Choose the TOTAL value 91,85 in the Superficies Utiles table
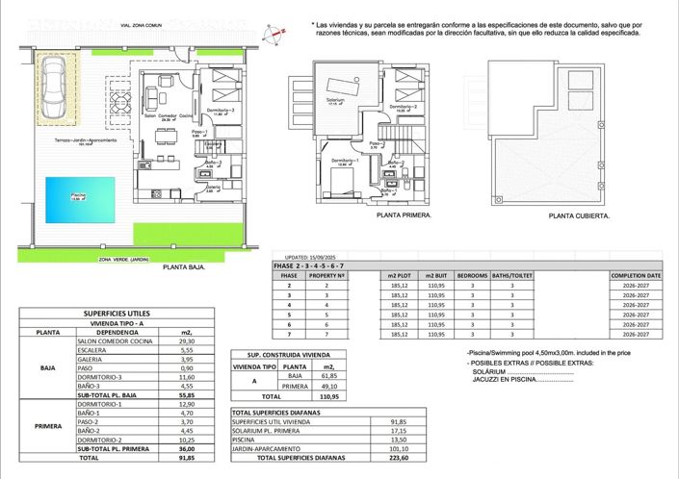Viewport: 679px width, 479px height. point(186,459)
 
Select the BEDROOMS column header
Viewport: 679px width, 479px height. point(473,276)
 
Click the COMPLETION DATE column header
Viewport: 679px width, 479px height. point(636,276)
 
